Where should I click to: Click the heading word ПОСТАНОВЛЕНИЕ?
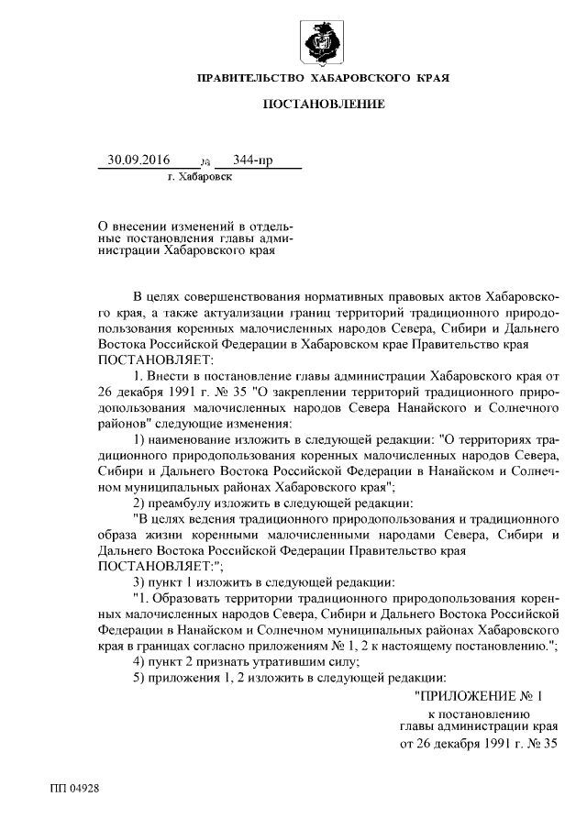[x=324, y=105]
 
